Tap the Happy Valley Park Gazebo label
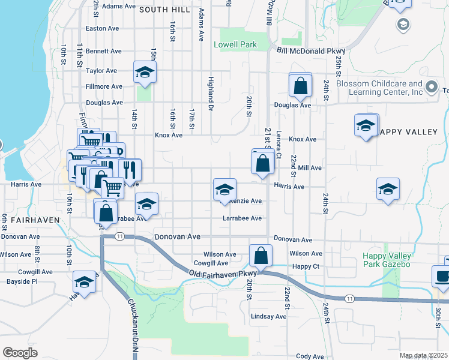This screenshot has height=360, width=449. tap(387, 260)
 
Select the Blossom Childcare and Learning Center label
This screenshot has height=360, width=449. tap(379, 88)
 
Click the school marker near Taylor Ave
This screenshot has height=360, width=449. tap(145, 73)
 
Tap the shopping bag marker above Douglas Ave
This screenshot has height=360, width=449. tap(300, 85)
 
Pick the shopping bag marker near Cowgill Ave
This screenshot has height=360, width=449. tap(261, 256)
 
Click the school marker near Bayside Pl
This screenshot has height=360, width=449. tap(84, 283)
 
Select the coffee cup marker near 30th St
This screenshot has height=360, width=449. tap(442, 277)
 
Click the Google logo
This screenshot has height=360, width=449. tap(20, 353)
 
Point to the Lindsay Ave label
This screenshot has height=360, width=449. tap(269, 316)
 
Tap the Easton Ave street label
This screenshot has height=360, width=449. tap(103, 28)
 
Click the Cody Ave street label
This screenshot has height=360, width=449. tap(310, 356)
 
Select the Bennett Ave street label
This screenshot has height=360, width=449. tap(103, 52)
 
